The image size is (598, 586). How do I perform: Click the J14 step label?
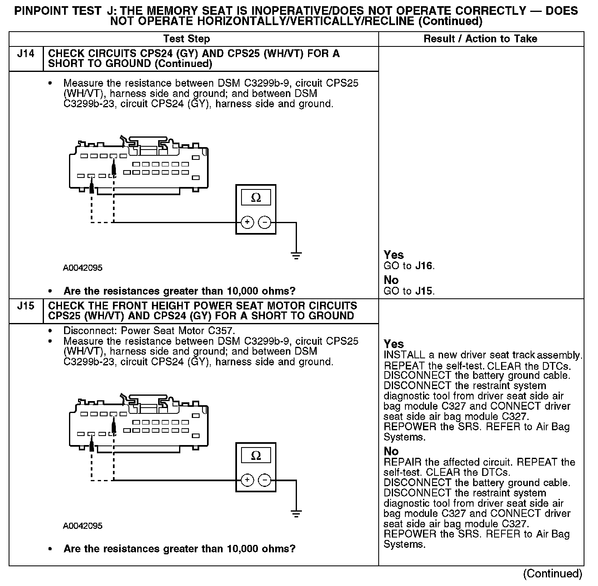(25, 54)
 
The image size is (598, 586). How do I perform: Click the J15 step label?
(25, 306)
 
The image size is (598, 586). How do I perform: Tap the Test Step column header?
(186, 39)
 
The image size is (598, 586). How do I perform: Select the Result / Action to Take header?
(480, 39)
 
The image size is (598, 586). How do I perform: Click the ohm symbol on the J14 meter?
(256, 198)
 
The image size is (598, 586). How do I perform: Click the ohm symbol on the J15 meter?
(256, 456)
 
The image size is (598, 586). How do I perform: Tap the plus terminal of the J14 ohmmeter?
(247, 222)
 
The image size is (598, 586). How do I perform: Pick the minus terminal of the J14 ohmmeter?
(264, 222)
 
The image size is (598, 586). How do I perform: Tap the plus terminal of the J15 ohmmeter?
(247, 480)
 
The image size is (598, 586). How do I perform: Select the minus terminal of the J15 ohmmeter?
(264, 480)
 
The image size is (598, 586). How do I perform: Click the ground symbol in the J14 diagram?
(296, 256)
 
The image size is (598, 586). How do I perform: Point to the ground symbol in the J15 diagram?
(296, 513)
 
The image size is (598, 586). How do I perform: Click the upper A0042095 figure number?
(83, 268)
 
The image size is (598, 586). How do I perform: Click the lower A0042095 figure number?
(83, 526)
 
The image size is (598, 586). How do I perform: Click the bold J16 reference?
(424, 266)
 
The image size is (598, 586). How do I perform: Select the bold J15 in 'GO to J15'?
(424, 291)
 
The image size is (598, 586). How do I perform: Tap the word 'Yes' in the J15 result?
(393, 344)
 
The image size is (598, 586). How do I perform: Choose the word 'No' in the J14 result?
(391, 280)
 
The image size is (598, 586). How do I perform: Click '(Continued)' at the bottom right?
(553, 574)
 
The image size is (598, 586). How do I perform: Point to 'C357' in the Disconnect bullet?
(222, 331)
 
